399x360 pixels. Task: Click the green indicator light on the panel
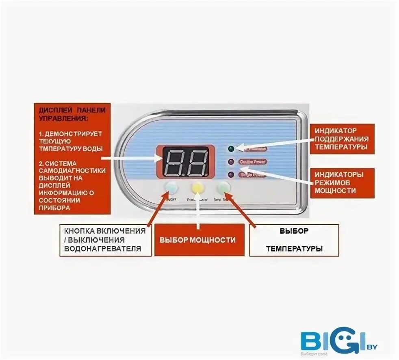click(x=232, y=148)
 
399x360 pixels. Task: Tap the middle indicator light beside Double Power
click(x=231, y=162)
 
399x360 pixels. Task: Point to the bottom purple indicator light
click(x=231, y=175)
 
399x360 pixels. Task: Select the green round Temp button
click(x=224, y=188)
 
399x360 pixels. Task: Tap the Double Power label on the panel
click(x=253, y=162)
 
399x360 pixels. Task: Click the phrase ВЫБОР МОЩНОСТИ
click(x=197, y=240)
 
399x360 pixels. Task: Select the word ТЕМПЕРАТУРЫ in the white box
click(x=294, y=249)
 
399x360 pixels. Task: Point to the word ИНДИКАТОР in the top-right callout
click(x=335, y=131)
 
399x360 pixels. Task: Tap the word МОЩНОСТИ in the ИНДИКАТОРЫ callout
click(x=335, y=190)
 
